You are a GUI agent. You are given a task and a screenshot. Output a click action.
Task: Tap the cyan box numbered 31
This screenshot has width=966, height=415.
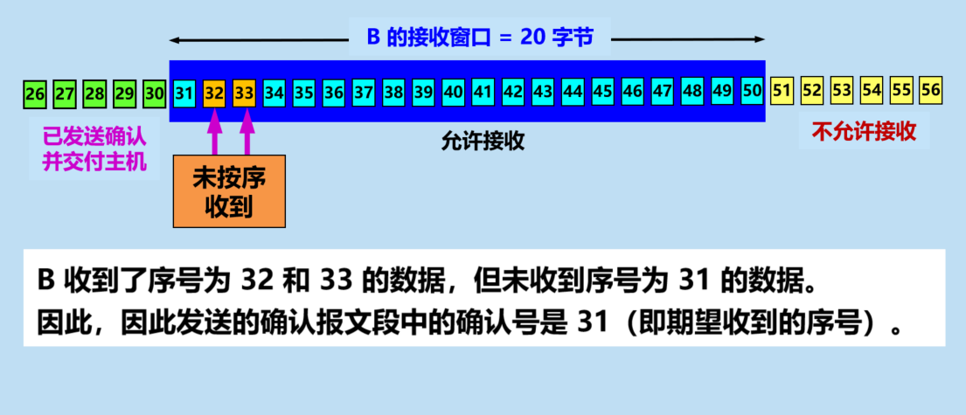click(184, 92)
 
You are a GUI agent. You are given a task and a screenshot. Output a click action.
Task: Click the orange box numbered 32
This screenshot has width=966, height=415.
click(213, 92)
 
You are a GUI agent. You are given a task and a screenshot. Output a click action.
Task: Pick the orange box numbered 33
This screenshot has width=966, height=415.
click(244, 92)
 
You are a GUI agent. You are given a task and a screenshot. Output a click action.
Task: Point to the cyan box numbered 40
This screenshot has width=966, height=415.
click(453, 91)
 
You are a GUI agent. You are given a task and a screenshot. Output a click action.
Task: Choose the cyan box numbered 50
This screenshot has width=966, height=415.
click(751, 90)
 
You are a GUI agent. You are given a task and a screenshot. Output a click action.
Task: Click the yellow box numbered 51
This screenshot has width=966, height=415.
click(782, 90)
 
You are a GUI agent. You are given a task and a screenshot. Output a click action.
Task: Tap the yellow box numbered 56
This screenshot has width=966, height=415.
click(931, 89)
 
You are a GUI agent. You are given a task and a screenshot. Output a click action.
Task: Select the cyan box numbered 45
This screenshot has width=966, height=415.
click(601, 91)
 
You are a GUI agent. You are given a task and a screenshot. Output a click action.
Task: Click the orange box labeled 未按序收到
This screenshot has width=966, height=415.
click(228, 191)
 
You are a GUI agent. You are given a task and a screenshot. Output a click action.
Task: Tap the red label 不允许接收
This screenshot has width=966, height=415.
click(865, 133)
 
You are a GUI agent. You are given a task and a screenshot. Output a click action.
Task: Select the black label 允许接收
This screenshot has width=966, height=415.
click(483, 142)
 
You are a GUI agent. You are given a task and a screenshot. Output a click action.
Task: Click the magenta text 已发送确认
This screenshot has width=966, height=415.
click(94, 137)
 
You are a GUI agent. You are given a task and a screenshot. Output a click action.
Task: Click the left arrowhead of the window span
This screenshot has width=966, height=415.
click(175, 40)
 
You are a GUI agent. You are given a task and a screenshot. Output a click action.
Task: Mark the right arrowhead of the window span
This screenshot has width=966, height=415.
click(760, 40)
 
